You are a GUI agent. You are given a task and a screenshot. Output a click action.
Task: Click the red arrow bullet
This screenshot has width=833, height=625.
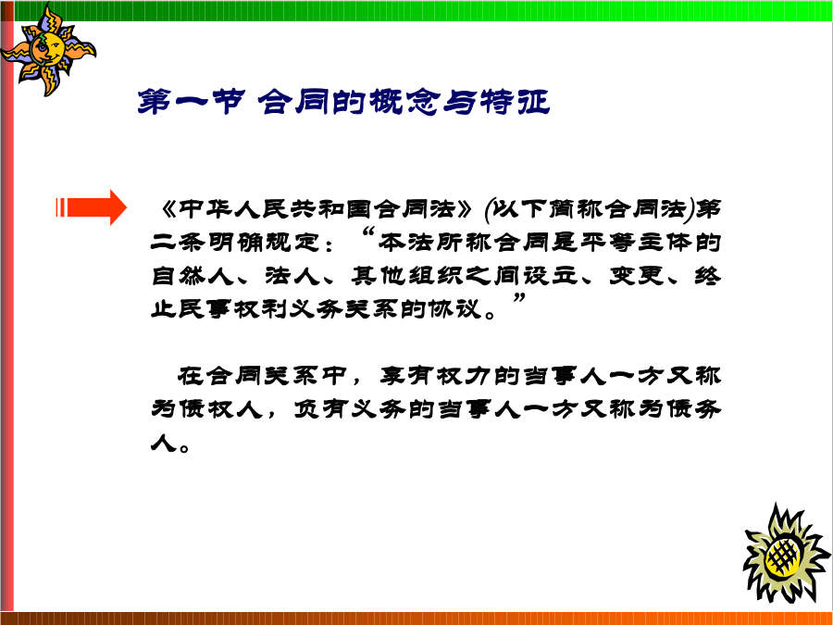coord(92,207)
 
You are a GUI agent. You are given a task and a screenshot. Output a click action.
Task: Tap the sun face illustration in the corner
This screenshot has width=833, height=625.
coord(48,50)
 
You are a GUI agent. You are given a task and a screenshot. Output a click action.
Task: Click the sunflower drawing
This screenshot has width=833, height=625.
coord(786,554)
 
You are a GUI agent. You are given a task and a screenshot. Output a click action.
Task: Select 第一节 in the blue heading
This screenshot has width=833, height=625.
coord(191,102)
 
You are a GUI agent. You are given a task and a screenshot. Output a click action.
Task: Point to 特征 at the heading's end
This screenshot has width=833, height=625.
coord(515,102)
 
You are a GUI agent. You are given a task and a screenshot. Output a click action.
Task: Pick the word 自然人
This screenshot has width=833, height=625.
coord(193,276)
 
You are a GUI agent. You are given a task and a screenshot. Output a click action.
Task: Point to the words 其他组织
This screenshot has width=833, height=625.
coord(406,276)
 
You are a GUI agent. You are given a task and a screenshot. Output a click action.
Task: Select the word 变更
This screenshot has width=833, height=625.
coord(637,276)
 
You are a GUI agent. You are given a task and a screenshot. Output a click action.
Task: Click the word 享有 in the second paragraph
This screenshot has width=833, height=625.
coord(406,376)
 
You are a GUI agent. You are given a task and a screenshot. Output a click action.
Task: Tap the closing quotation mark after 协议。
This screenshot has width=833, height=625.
coord(519,299)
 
